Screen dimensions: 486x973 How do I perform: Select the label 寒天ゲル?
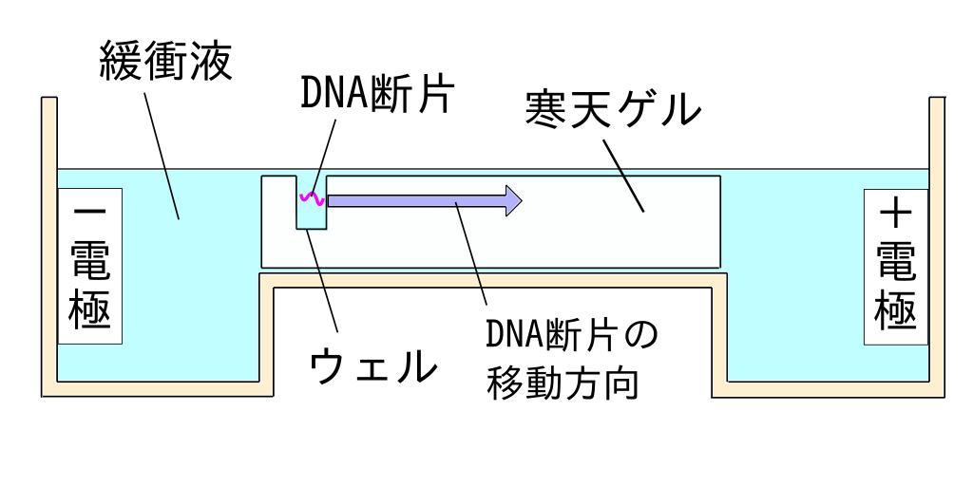click(x=614, y=114)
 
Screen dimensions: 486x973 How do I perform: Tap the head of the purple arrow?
click(x=513, y=199)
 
